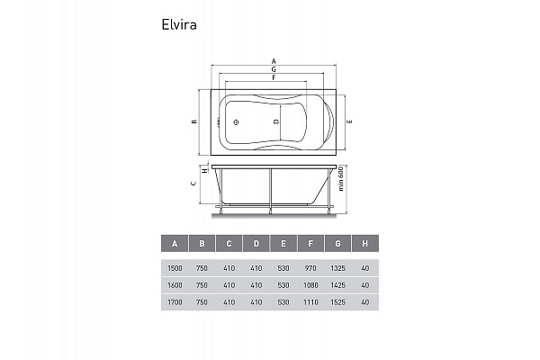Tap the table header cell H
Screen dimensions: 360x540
[x=364, y=243]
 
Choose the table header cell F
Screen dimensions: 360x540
[x=310, y=243]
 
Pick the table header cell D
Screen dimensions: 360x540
[x=256, y=243]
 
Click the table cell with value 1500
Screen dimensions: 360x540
[x=175, y=267]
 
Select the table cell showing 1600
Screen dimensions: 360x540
[x=175, y=284]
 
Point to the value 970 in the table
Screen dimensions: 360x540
[x=310, y=267]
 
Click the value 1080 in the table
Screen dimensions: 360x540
[x=310, y=284]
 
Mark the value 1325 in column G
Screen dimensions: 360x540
[x=337, y=267]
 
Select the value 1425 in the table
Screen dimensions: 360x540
[x=337, y=284]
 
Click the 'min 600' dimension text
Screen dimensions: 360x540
[x=343, y=184]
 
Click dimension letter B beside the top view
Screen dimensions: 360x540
[x=193, y=121]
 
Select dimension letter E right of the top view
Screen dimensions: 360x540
[x=348, y=121]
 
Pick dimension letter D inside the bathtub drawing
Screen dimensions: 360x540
[x=276, y=121]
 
